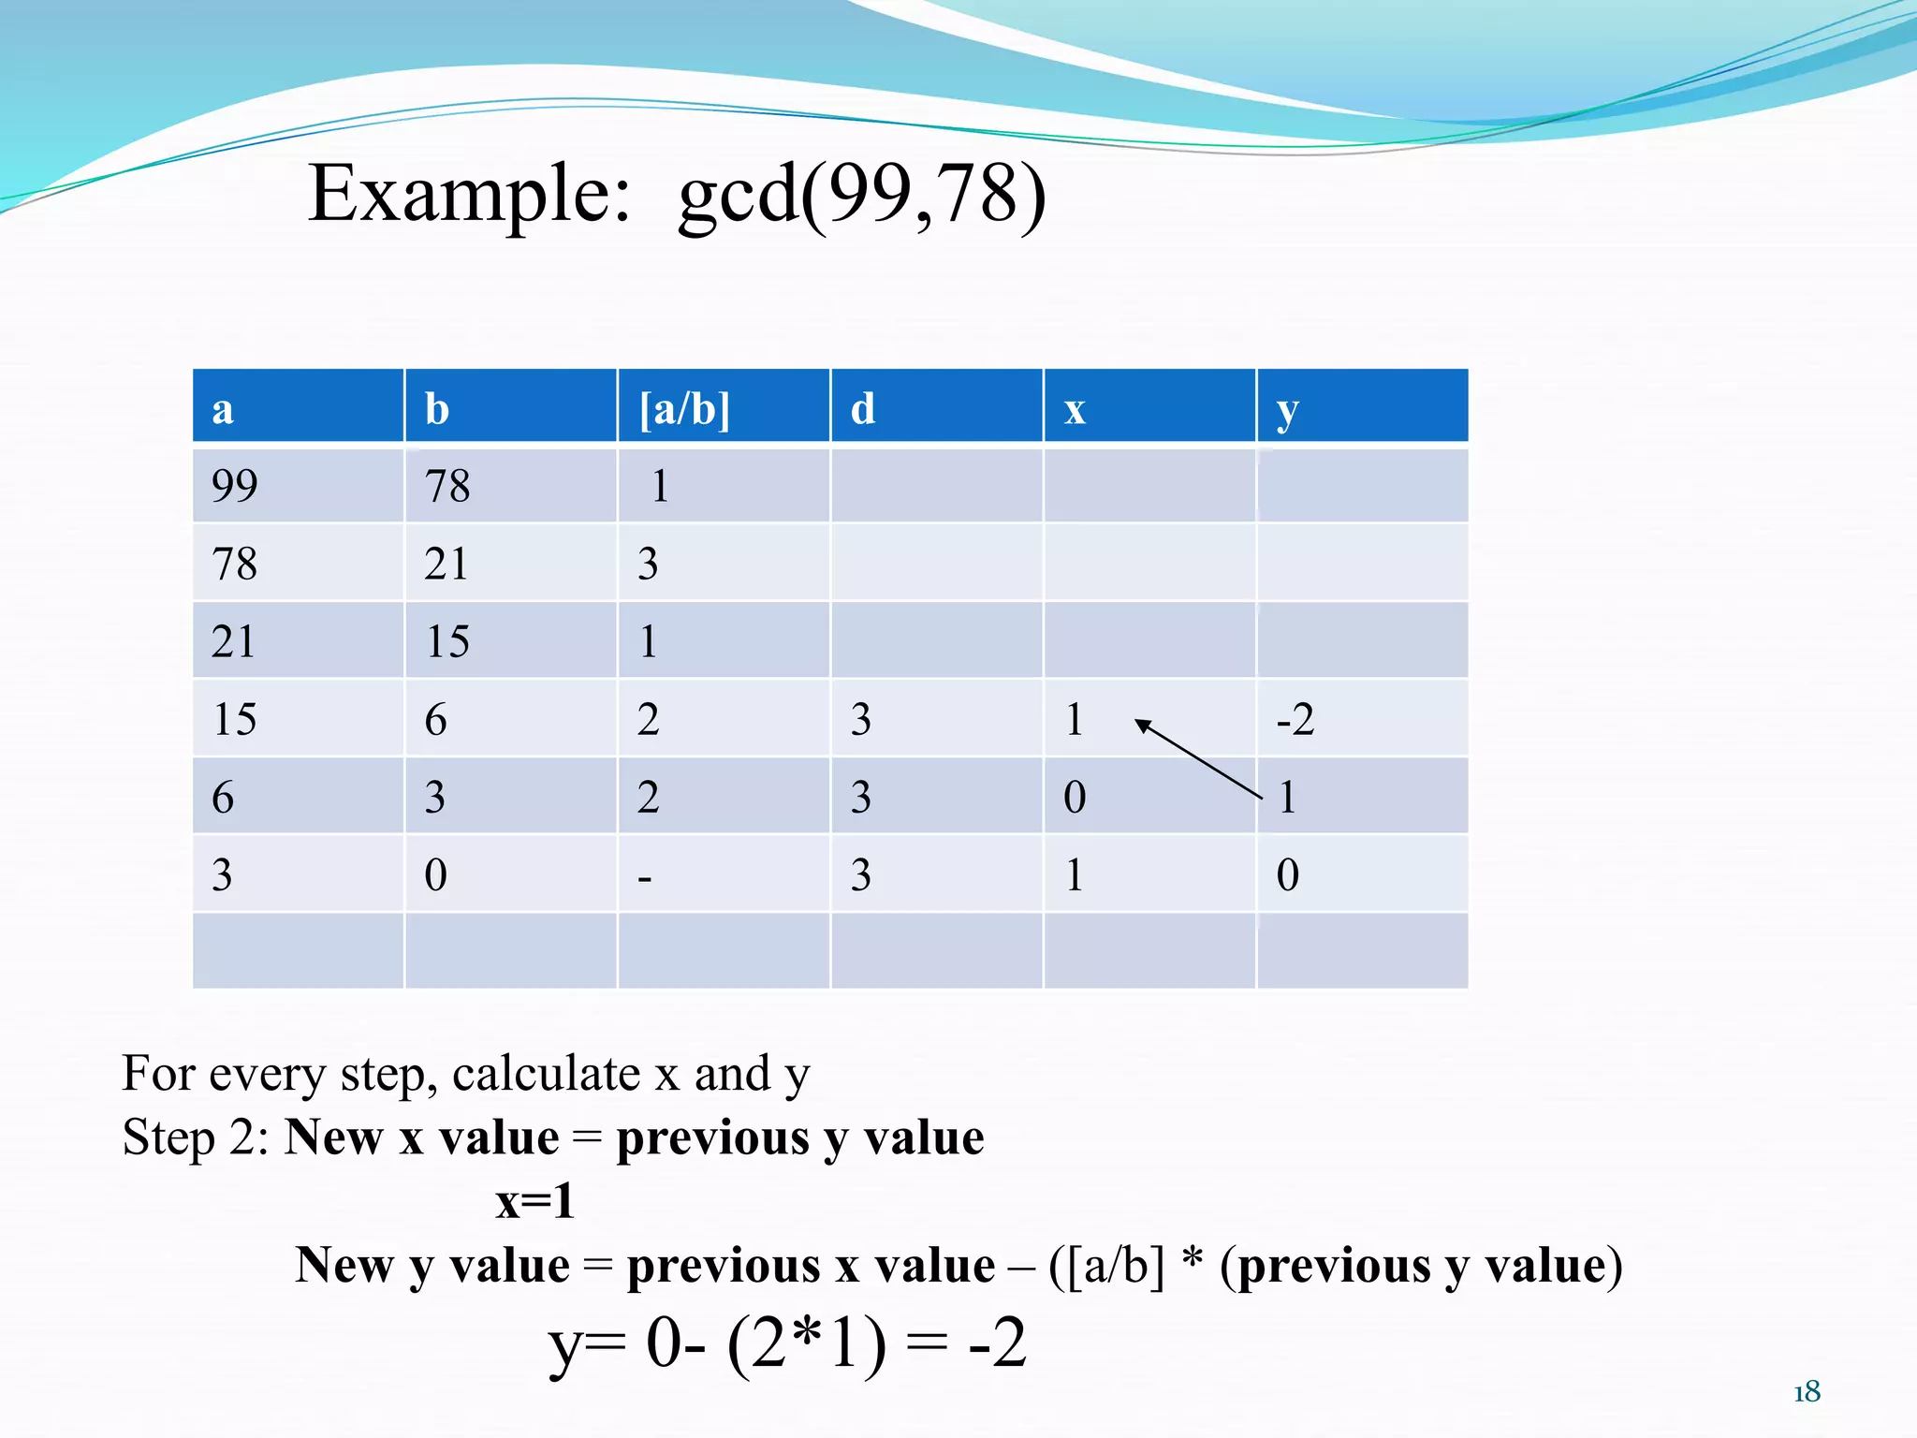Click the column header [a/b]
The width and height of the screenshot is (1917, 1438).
(x=684, y=409)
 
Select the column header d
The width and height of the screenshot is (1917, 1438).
(x=863, y=409)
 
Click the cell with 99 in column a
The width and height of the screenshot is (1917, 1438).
(x=234, y=486)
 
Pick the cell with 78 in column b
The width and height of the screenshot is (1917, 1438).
(x=447, y=486)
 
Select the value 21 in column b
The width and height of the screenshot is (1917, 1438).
(x=446, y=564)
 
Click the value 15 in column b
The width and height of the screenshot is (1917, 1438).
(x=447, y=642)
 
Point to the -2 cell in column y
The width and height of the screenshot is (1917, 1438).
(x=1295, y=719)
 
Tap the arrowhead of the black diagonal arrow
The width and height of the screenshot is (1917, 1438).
(x=1142, y=724)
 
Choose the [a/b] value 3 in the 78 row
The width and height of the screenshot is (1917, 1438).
(x=648, y=564)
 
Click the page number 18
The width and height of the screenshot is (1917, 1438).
(x=1807, y=1392)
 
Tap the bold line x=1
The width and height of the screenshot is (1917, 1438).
(x=534, y=1201)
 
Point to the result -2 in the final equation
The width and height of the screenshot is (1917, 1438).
(x=998, y=1343)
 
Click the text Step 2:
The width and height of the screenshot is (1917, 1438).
(x=196, y=1137)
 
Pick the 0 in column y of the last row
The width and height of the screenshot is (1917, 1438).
(x=1288, y=875)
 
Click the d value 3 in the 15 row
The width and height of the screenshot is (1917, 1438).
(x=861, y=719)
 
